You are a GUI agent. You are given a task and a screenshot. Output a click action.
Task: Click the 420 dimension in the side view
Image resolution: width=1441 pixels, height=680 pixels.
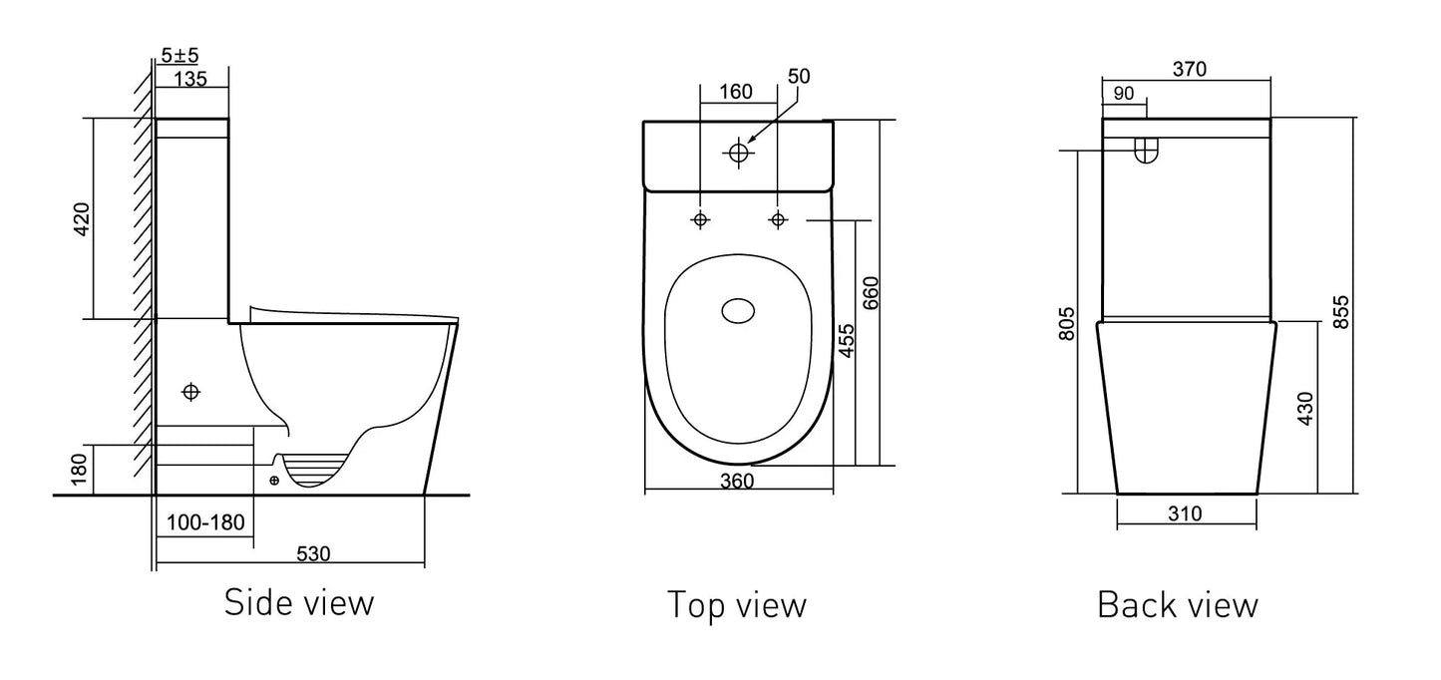(82, 219)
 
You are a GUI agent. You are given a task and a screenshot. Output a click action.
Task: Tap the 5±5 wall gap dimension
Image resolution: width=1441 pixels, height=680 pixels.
(180, 55)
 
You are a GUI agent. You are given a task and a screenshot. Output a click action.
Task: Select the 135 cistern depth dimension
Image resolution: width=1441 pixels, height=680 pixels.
(190, 79)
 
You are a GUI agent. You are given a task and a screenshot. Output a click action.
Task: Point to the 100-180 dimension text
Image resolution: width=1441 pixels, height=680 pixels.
(205, 522)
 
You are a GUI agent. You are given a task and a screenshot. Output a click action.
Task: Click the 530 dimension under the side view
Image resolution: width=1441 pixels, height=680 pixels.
(313, 554)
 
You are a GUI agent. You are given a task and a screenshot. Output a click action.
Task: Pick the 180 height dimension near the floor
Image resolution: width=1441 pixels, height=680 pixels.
(79, 470)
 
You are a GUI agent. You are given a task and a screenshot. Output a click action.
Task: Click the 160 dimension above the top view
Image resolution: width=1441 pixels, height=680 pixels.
(735, 92)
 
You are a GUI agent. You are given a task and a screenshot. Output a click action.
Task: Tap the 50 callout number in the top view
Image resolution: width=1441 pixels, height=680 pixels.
(799, 76)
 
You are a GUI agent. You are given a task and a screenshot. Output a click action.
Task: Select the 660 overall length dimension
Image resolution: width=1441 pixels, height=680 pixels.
(871, 293)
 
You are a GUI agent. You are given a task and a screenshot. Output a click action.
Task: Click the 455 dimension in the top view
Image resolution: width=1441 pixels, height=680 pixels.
(848, 341)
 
